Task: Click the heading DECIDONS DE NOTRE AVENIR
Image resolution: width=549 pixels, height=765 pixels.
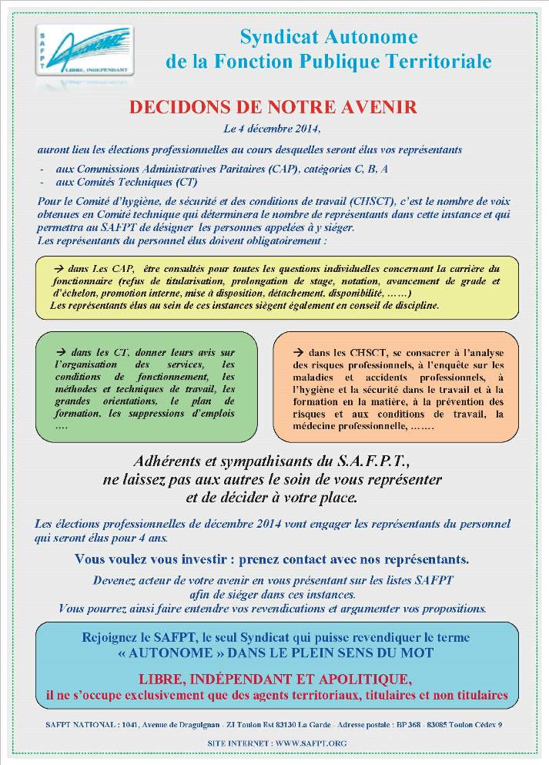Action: [x=273, y=107]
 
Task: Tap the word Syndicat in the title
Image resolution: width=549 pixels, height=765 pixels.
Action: [x=273, y=36]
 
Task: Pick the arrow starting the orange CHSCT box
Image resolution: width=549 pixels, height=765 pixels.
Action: [x=297, y=351]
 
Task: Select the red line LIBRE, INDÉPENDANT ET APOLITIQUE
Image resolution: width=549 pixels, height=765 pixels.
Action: [x=275, y=679]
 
